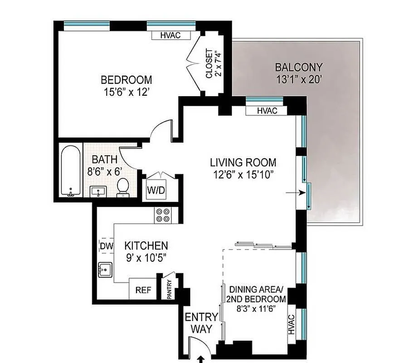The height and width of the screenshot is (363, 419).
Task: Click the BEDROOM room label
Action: (x=126, y=80)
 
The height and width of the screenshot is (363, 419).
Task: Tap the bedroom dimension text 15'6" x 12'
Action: (x=126, y=92)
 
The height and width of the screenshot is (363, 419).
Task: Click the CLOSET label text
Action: (x=213, y=63)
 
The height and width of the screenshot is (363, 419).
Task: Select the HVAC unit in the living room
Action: (x=267, y=111)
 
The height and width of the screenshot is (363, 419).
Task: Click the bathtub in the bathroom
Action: (x=71, y=171)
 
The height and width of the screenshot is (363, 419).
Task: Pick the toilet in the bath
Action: (x=122, y=187)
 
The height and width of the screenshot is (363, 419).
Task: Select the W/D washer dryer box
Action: (x=156, y=191)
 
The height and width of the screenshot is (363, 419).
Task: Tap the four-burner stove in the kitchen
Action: (x=163, y=215)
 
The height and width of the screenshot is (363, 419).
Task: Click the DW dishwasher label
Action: (x=106, y=246)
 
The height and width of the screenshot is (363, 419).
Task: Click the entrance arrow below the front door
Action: (x=200, y=359)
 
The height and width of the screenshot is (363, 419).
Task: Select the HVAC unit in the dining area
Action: (x=291, y=326)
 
